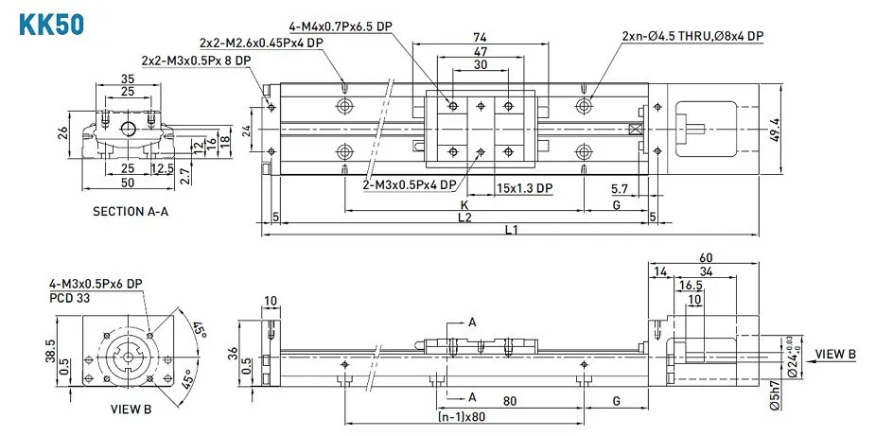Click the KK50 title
pyautogui.click(x=52, y=25)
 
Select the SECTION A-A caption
pyautogui.click(x=131, y=211)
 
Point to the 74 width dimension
pyautogui.click(x=480, y=37)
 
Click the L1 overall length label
pyautogui.click(x=510, y=229)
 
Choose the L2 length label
pyautogui.click(x=464, y=217)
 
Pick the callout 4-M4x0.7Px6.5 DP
pyautogui.click(x=341, y=26)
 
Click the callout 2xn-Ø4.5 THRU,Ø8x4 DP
pyautogui.click(x=692, y=36)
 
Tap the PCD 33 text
pyautogui.click(x=70, y=297)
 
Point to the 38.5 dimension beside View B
pyautogui.click(x=50, y=351)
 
